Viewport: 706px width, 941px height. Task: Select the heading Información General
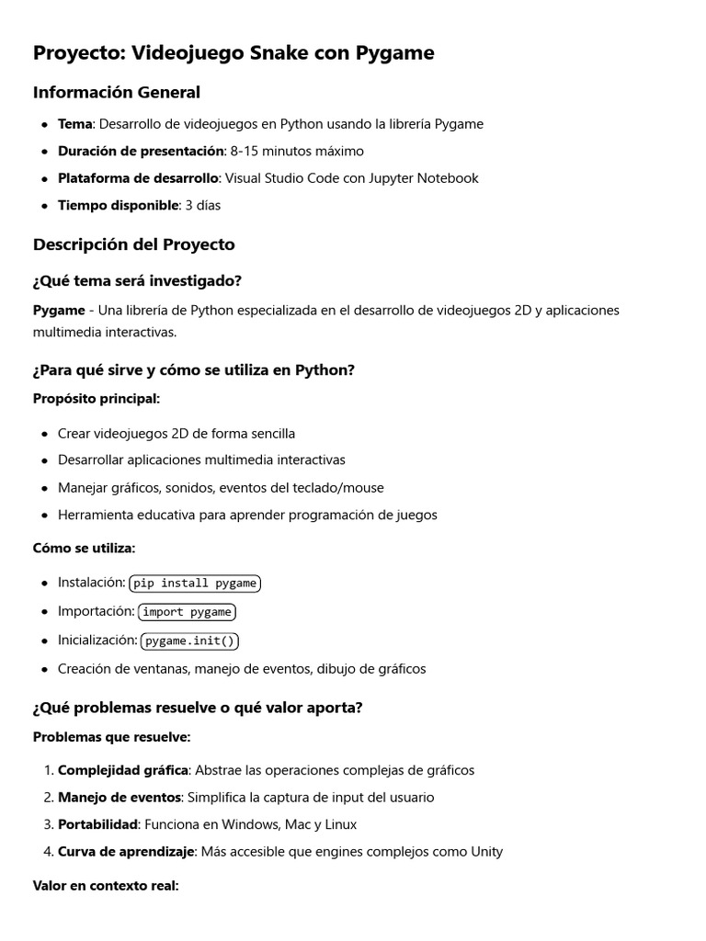(117, 92)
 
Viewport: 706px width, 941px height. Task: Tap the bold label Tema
(74, 124)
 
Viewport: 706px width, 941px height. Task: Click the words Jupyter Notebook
(424, 178)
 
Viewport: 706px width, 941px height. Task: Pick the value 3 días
(203, 205)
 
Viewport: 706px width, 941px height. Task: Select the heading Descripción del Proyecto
(134, 244)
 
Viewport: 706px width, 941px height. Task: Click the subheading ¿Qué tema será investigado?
(137, 280)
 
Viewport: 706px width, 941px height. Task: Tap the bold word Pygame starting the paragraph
(59, 311)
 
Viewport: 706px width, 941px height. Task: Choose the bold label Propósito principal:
(97, 398)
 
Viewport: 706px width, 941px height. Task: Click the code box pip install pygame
(195, 583)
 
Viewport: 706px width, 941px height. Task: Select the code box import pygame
(187, 612)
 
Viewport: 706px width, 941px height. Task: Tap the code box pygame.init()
(189, 641)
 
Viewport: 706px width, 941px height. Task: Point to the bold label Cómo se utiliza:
(84, 548)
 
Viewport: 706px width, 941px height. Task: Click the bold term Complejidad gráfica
(123, 770)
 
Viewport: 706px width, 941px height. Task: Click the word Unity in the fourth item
(486, 852)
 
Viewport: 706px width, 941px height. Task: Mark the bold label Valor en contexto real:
(106, 886)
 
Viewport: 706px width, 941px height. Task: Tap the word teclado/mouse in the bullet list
(339, 488)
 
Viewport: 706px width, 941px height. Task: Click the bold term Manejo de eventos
(116, 798)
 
